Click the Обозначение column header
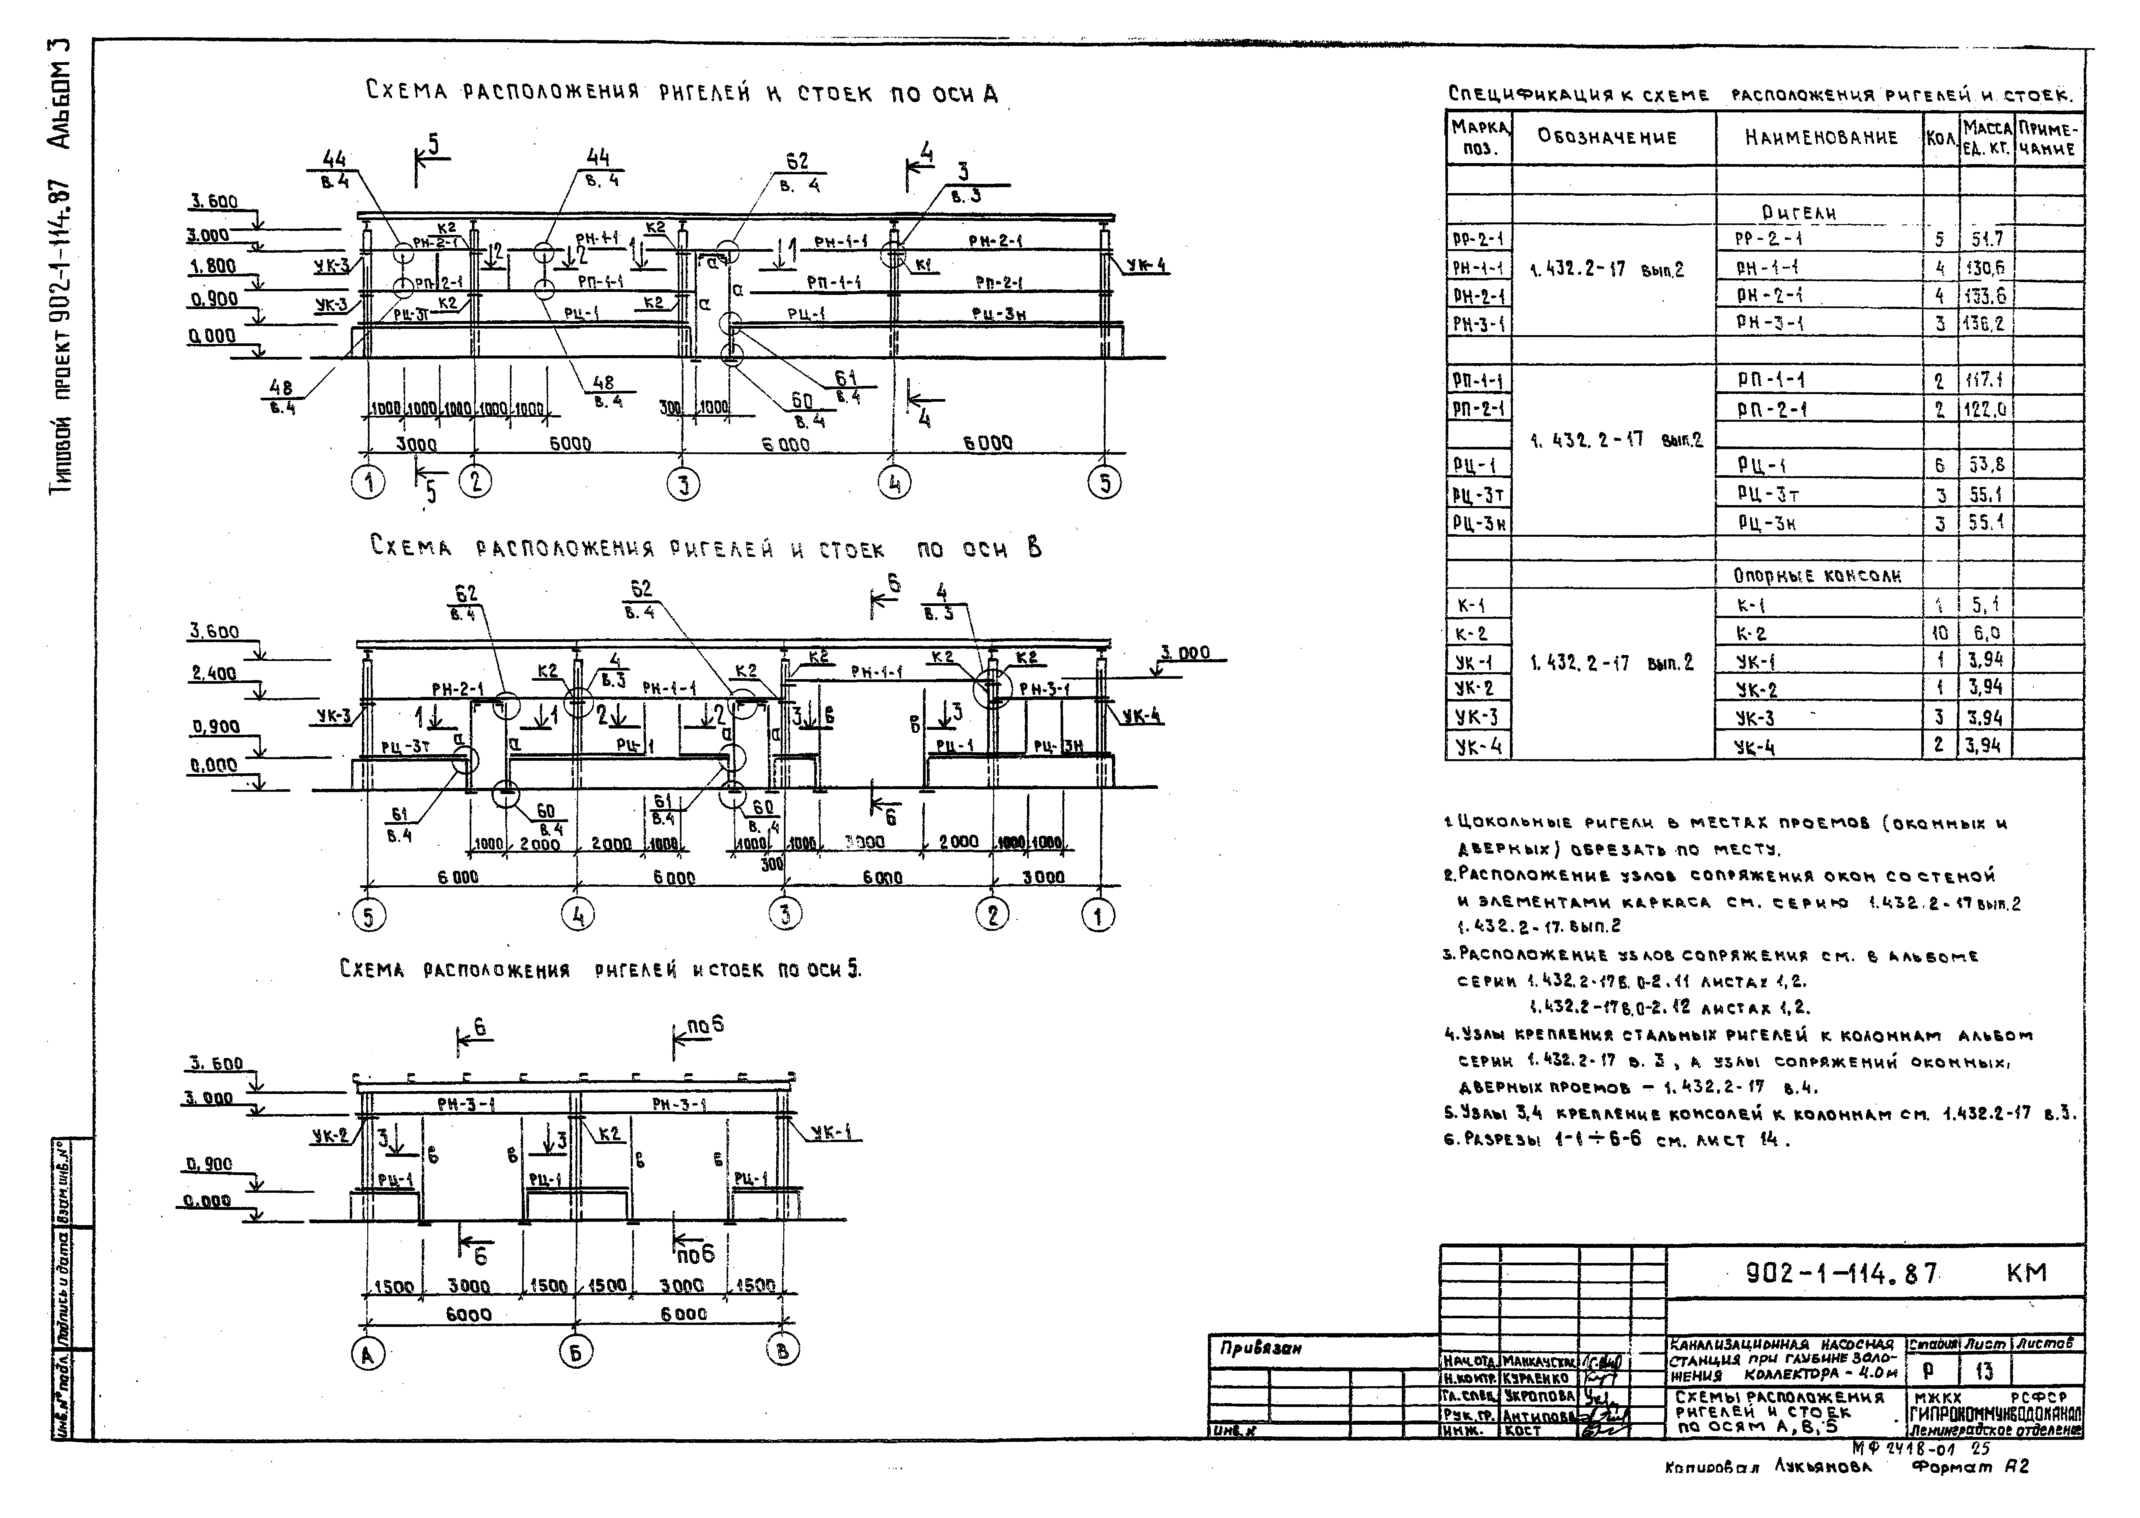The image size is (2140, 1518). point(1607,137)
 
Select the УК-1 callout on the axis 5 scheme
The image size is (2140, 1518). point(835,1133)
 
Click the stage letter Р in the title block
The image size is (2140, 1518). point(1927,1371)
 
